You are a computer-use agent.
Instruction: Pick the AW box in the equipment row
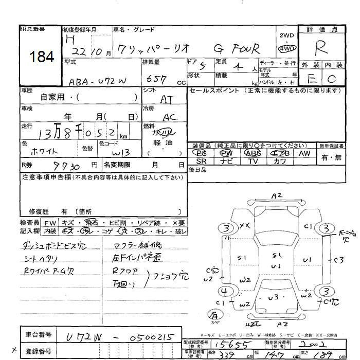(304, 153)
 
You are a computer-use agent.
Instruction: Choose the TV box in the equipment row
(253, 161)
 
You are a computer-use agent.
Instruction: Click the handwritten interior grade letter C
(332, 79)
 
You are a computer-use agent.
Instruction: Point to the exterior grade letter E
(311, 79)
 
